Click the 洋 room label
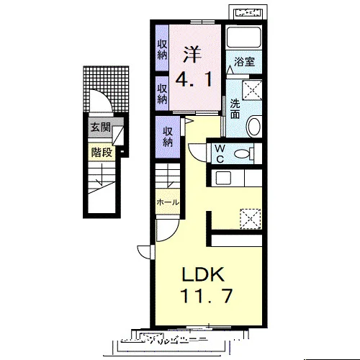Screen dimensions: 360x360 pos(192,55)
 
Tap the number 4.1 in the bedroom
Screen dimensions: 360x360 pos(194,79)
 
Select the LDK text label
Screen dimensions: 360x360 pos(204,274)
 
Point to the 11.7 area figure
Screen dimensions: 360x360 pos(207,295)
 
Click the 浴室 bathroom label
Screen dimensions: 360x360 pos(244,62)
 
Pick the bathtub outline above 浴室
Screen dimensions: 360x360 pos(244,37)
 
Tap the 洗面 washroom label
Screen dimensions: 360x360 pos(235,109)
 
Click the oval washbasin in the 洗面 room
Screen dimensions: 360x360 pos(254,126)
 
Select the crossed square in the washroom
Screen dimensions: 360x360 pos(252,90)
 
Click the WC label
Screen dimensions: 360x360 pos(220,154)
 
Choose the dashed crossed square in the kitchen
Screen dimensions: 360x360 pos(251,219)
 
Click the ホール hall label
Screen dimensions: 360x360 pos(168,202)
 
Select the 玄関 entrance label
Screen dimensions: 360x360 pos(101,127)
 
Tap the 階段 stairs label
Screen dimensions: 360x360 pos(102,153)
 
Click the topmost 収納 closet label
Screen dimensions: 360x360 pos(162,50)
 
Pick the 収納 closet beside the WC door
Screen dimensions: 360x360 pos(168,137)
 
